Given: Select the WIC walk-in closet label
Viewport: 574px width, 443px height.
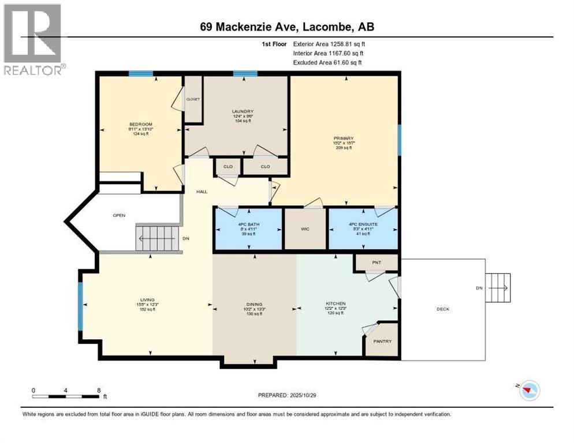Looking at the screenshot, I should (x=305, y=229).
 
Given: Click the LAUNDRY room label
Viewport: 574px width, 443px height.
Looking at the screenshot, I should (x=243, y=111).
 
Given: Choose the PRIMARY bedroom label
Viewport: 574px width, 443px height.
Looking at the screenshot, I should (x=344, y=138).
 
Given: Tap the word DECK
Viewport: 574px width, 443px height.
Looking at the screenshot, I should (x=443, y=309).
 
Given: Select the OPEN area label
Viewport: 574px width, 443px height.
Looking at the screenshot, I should (x=119, y=215).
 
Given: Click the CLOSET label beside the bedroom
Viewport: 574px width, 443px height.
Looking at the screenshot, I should (x=193, y=99).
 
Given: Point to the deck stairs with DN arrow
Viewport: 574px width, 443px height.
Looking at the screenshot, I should (x=498, y=288).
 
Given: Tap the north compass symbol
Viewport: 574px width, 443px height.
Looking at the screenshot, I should (x=528, y=392).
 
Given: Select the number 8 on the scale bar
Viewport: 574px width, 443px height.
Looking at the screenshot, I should (x=99, y=390).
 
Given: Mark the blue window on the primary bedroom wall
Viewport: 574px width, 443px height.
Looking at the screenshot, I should (x=398, y=140).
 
